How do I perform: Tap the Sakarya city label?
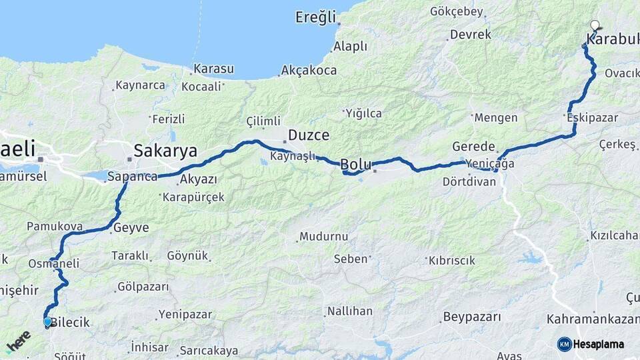(165, 151)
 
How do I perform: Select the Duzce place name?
(309, 135)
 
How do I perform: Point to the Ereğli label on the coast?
(316, 17)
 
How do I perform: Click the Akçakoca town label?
(309, 69)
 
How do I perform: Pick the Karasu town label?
(213, 69)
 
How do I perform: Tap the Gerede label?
(473, 147)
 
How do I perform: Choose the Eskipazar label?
(593, 117)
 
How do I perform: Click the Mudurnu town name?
(324, 237)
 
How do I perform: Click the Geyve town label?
(131, 227)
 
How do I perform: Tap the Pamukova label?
(55, 227)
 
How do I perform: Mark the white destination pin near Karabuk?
(595, 26)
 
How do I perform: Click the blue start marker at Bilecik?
(47, 322)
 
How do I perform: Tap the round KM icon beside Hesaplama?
(564, 344)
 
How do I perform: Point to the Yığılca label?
(363, 113)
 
